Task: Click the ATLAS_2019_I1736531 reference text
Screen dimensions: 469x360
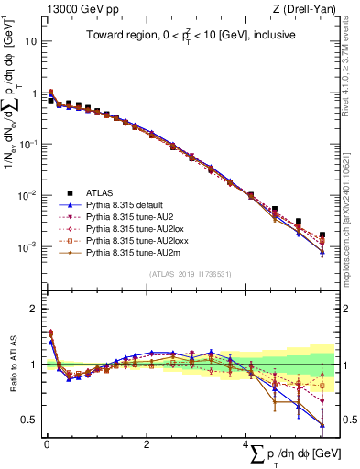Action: click(190, 274)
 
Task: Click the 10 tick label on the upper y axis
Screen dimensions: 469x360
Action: click(29, 42)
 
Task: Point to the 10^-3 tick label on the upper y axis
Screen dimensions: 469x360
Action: click(27, 247)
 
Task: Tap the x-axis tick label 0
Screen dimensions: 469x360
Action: click(46, 444)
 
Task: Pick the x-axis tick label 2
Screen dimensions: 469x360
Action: click(147, 444)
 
